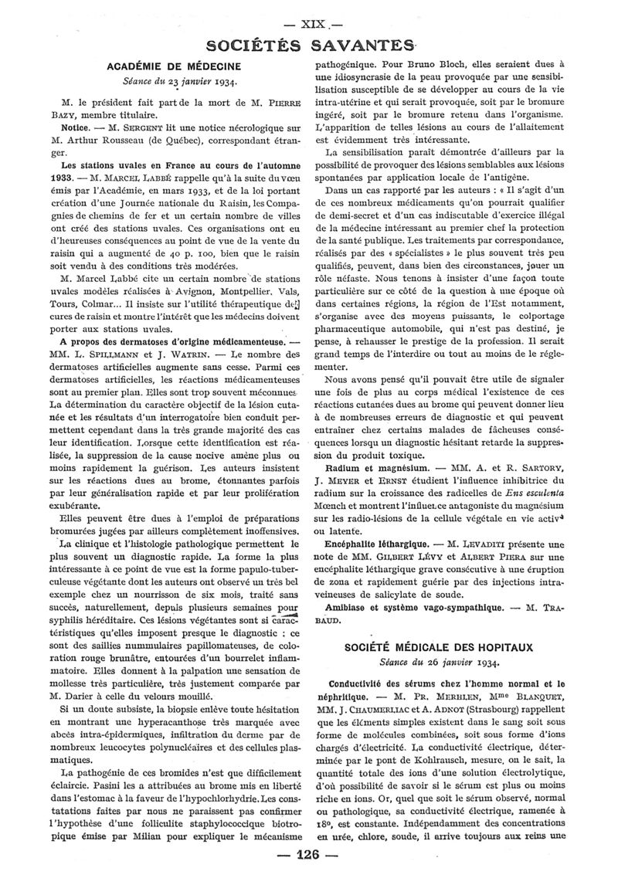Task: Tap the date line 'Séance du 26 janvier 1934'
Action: pyautogui.click(x=441, y=662)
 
